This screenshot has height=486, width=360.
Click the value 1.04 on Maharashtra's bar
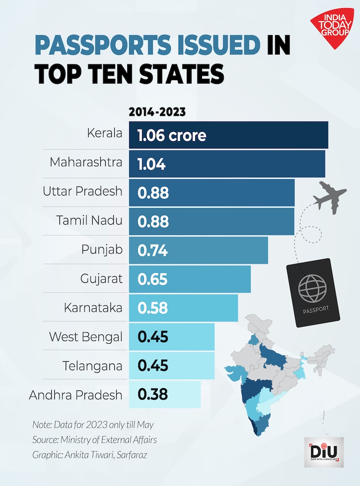pos(151,164)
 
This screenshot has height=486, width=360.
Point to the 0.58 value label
pos(153,308)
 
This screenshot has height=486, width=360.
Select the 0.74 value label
pos(153,250)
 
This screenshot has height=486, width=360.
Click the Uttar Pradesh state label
pos(83,192)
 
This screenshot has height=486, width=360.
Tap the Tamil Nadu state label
pos(89,221)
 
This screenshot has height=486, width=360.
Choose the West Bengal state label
pos(85,337)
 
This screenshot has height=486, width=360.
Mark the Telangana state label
pos(92,366)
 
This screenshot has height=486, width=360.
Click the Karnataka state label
pos(93,308)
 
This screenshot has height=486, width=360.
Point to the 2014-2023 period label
pos(157,113)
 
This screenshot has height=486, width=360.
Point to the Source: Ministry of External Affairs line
pos(95,439)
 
